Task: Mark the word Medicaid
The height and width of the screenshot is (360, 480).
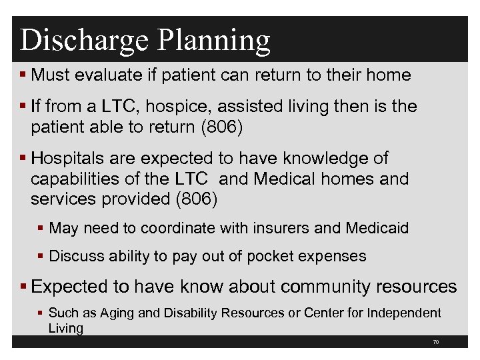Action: pos(377,229)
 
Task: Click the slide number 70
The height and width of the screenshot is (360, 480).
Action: pos(435,342)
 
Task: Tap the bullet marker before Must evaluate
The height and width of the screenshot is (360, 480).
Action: pos(24,75)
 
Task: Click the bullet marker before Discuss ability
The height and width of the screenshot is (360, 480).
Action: pos(42,256)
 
